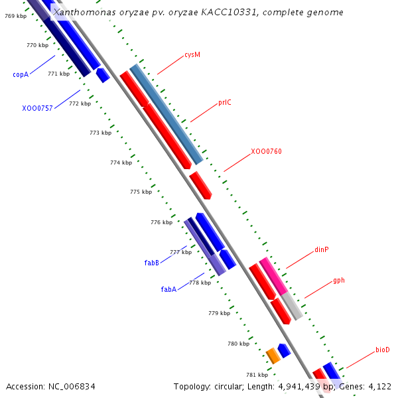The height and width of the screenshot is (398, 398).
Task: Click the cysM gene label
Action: point(192,55)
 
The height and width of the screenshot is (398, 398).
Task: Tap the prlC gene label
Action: point(225,102)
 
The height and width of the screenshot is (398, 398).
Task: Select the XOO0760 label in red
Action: point(266,151)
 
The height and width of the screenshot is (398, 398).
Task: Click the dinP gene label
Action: point(322,250)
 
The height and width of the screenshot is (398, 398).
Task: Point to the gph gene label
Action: point(339,281)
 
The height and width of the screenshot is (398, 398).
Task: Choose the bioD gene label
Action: point(383,350)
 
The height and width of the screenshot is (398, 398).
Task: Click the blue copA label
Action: point(21,74)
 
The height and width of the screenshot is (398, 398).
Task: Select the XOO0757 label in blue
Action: point(37,108)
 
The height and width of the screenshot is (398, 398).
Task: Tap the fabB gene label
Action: point(151,263)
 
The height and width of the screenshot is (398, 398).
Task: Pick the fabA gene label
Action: point(168,289)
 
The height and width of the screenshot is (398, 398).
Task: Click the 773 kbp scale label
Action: point(101,133)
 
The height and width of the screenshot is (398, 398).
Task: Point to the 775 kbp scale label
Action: point(141,192)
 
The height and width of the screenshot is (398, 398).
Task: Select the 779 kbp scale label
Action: point(220,313)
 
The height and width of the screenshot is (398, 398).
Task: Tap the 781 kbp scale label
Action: point(257,375)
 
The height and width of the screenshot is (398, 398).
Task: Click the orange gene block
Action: point(273,356)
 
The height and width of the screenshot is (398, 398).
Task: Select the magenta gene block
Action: point(273,277)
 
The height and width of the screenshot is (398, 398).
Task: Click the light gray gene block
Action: point(292,306)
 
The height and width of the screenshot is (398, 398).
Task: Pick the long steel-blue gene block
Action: point(166,114)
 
